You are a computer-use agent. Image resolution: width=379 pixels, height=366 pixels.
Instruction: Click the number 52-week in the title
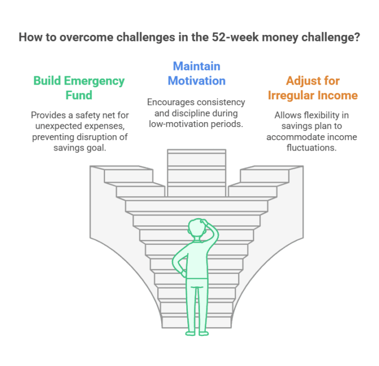235,37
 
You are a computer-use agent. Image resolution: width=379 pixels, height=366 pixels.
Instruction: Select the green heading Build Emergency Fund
79,88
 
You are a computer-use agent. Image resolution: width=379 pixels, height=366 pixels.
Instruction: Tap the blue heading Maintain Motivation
197,73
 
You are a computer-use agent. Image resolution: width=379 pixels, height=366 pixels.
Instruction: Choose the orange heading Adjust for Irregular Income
313,88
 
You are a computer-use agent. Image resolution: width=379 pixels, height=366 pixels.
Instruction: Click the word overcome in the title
86,37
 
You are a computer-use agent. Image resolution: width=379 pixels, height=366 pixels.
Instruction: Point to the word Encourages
168,102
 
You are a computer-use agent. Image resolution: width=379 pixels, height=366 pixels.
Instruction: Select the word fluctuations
311,147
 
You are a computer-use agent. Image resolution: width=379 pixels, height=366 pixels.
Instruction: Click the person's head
197,228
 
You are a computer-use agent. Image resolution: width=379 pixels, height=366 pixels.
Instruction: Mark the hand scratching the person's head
204,222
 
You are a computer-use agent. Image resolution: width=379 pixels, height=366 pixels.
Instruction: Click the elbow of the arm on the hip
174,262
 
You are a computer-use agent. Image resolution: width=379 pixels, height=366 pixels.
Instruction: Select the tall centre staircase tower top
197,151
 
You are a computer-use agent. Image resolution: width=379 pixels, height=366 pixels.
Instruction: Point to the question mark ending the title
357,37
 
